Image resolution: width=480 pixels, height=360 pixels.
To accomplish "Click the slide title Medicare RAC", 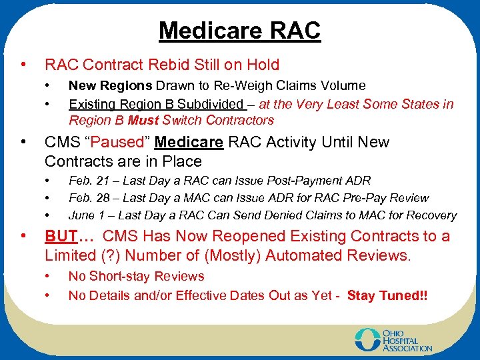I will click(239, 31).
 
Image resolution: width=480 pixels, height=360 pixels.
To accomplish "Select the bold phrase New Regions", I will click(111, 85).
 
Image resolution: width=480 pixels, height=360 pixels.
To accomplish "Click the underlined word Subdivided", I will click(211, 104).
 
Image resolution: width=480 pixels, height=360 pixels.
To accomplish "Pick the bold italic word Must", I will click(143, 121).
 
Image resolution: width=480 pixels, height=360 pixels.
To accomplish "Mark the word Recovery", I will click(433, 215).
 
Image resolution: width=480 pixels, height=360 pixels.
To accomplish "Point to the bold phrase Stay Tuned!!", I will click(387, 295).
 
